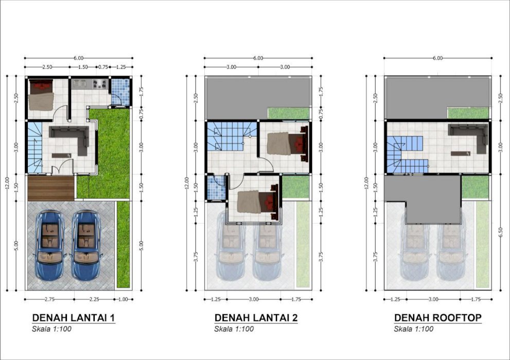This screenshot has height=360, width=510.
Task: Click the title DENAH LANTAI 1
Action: (74, 317)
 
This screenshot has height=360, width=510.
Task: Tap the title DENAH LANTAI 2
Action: (256, 317)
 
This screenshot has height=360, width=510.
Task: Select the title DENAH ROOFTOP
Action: (438, 317)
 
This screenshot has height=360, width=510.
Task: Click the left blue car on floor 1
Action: (50, 245)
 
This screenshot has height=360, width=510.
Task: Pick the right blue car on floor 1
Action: (86, 245)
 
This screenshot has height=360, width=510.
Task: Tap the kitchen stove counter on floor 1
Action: (90, 84)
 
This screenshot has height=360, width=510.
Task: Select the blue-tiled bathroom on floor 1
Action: (120, 92)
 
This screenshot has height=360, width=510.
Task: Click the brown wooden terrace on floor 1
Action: (51, 188)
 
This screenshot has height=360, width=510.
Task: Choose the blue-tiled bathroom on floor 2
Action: (216, 188)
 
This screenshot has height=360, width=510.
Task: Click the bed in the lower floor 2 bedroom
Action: (258, 202)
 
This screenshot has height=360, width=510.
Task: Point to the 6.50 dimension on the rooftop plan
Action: (500, 232)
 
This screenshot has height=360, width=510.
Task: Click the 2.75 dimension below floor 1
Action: (49, 299)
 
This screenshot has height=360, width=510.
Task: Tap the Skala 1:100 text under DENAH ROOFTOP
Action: (413, 329)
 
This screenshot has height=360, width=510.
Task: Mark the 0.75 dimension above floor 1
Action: (103, 67)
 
